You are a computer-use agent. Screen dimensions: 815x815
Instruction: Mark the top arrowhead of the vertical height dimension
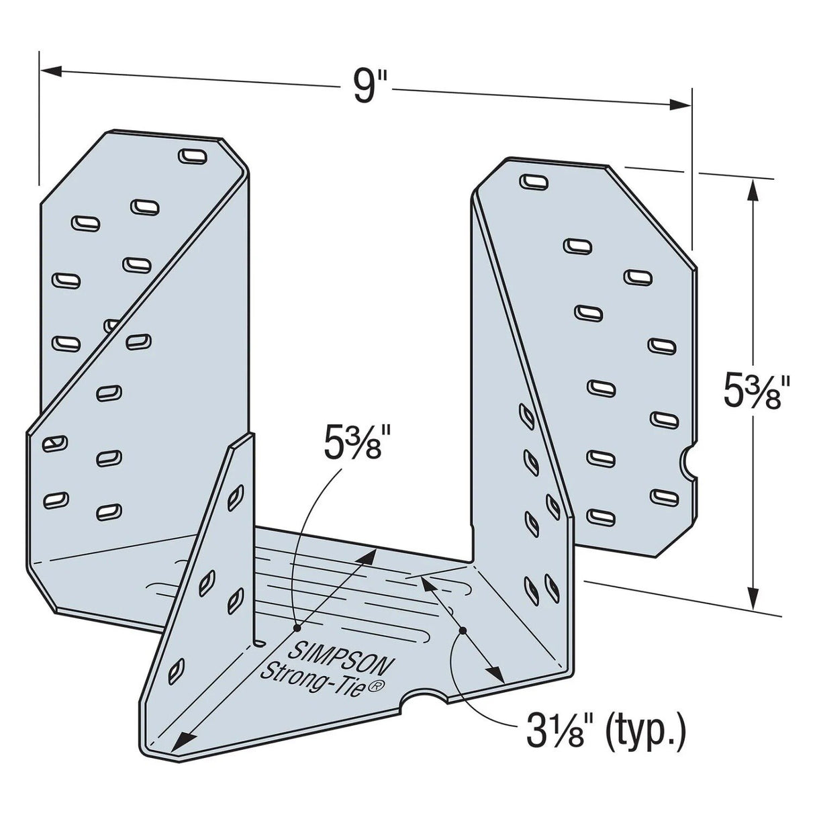755,191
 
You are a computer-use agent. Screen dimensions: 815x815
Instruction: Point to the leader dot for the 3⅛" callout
462,630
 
